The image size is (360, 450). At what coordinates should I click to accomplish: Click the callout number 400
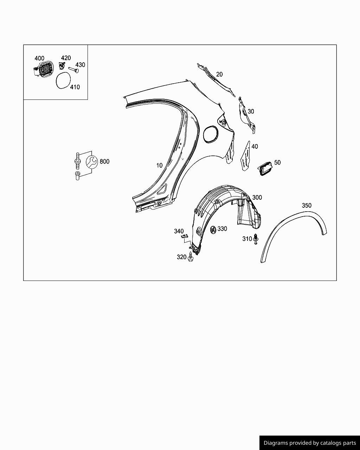click(39, 58)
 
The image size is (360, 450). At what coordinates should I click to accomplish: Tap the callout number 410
click(75, 87)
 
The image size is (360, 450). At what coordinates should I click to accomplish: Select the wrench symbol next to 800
click(91, 162)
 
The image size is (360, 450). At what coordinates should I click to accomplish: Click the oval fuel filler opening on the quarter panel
click(211, 134)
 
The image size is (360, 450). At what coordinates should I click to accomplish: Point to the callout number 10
click(159, 165)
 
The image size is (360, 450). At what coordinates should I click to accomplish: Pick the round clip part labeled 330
click(213, 230)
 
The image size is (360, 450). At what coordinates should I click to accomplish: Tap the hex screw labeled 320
click(191, 258)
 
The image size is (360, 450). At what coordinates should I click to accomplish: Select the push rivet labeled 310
click(256, 239)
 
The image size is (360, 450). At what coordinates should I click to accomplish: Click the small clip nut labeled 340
click(183, 237)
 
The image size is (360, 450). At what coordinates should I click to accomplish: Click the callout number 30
click(251, 111)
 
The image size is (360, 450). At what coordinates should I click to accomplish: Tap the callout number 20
click(219, 74)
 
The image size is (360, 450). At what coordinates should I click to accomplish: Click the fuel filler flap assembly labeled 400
click(44, 69)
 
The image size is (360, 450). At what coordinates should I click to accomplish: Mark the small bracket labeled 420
click(62, 65)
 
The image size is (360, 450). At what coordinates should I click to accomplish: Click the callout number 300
click(257, 198)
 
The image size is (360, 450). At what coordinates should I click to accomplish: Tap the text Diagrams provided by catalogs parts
click(310, 443)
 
